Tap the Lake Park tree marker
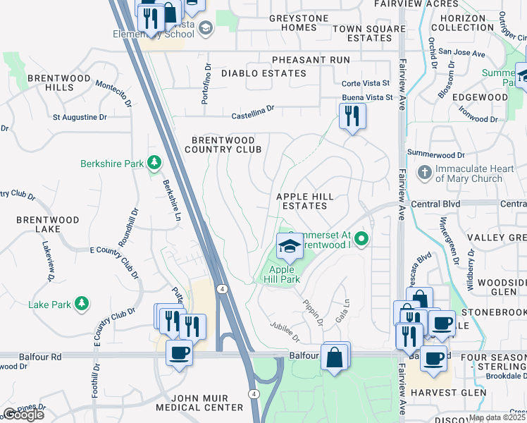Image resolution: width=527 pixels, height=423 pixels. click(x=82, y=304)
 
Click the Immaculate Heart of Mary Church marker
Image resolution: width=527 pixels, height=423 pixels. click(x=425, y=172)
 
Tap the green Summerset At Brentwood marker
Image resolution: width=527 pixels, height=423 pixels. click(x=361, y=239)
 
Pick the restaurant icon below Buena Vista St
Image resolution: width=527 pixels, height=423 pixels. click(x=352, y=116)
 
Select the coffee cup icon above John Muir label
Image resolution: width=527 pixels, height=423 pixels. click(x=179, y=352)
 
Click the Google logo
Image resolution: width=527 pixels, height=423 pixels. click(x=23, y=414)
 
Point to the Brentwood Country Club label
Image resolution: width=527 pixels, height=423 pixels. click(x=223, y=145)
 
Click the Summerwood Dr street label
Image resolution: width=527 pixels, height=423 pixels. click(x=436, y=154)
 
